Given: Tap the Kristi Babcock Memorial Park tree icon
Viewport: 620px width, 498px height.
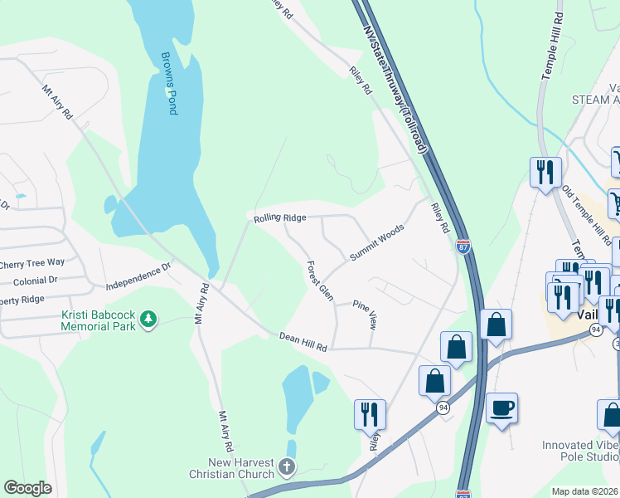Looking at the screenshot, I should click(148, 318).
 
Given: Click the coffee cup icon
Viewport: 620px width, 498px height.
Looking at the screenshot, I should click(501, 409).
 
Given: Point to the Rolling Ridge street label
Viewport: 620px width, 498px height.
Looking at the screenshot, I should click(280, 217).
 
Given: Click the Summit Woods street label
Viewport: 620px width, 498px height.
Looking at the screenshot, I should click(376, 242).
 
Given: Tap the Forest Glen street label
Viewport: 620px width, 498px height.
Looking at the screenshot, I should click(319, 281).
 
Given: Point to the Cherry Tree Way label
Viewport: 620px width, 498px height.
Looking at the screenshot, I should click(31, 263).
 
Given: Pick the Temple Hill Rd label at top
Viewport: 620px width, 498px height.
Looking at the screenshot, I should click(552, 46).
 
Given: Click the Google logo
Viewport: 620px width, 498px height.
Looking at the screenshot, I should click(27, 488).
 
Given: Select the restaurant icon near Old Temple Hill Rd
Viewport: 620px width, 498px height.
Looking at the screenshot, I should click(545, 172).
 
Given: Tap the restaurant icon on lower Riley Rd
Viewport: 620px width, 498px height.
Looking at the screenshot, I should click(369, 413).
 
